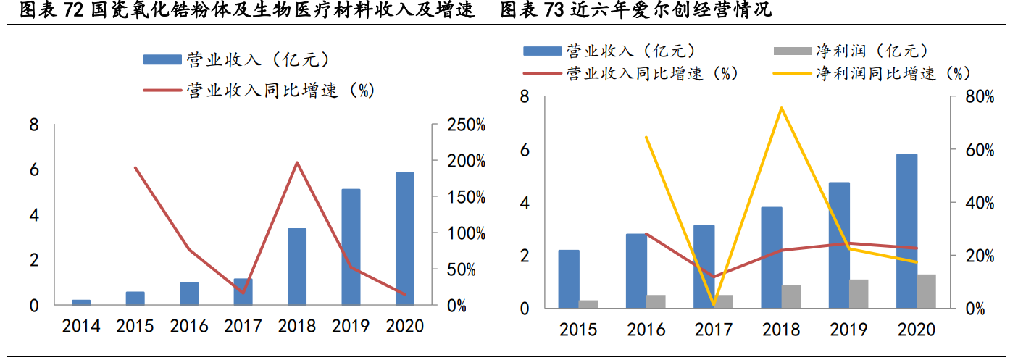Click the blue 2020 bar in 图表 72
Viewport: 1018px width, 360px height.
click(x=405, y=239)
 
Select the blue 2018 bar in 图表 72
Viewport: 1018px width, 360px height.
click(x=297, y=267)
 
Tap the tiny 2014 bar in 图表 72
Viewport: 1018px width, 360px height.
click(x=82, y=302)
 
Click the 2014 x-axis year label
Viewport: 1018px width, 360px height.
click(x=81, y=327)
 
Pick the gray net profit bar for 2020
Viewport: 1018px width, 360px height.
click(x=927, y=291)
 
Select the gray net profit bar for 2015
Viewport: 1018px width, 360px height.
click(x=588, y=304)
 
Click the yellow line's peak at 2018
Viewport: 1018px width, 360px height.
click(x=781, y=108)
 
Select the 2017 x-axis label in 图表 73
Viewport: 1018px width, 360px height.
click(x=714, y=330)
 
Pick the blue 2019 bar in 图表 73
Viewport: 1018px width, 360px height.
click(x=839, y=245)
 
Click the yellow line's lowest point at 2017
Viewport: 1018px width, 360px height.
click(x=714, y=305)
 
